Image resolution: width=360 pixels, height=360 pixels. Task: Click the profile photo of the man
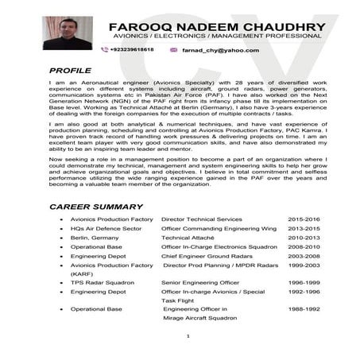pos(67,33)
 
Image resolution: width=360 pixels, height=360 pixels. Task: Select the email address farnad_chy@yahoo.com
pos(221,50)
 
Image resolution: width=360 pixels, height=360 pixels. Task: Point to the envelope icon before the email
pos(173,50)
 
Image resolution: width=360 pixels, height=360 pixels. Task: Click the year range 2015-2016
pos(304,218)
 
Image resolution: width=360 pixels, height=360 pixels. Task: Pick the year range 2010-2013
pos(304,238)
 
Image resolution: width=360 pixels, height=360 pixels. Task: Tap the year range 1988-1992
pos(304,308)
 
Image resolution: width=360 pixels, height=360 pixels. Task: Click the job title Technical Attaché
pos(188,238)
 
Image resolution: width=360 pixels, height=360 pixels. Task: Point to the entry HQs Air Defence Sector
pos(106,228)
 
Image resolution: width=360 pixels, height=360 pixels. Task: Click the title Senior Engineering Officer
pos(200,282)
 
